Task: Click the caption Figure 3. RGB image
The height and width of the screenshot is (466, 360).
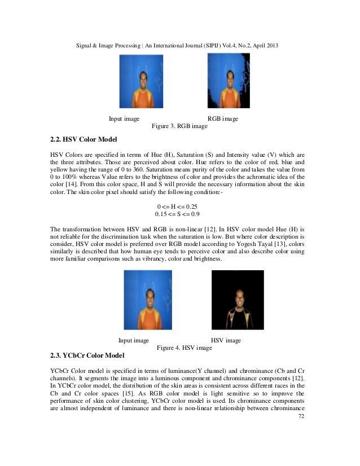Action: pyautogui.click(x=179, y=126)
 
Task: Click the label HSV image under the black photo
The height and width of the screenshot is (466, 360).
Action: pyautogui.click(x=225, y=340)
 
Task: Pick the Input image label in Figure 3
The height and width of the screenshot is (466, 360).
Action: pyautogui.click(x=124, y=119)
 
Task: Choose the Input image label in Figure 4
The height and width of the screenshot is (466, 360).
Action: pyautogui.click(x=133, y=340)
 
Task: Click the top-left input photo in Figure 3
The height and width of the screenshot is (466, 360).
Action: pyautogui.click(x=140, y=81)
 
